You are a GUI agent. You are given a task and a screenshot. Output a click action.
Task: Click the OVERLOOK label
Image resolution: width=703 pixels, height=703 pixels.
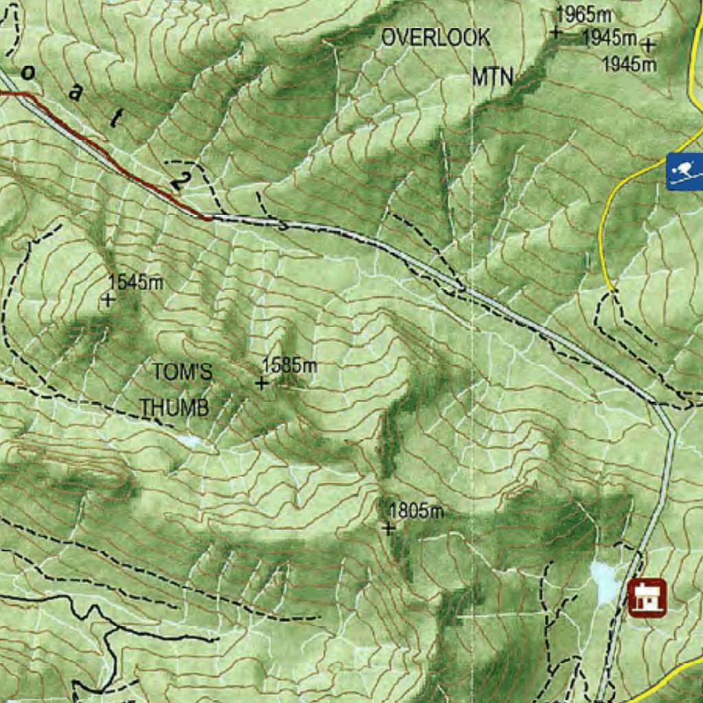pos(436,38)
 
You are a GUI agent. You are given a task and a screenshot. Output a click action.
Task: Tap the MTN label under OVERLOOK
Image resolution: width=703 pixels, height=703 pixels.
pos(492,77)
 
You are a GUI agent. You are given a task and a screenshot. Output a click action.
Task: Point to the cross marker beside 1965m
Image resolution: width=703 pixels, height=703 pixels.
pos(555,32)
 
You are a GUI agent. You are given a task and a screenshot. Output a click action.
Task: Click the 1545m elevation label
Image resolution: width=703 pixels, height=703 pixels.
pos(136,282)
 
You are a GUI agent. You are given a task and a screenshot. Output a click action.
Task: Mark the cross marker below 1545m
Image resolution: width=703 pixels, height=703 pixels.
pos(108,299)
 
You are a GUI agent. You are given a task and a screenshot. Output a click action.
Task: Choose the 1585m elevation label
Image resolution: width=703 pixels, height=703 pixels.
pos(290,365)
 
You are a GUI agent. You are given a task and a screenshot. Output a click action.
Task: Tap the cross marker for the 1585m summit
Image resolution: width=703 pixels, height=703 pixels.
pos(262,383)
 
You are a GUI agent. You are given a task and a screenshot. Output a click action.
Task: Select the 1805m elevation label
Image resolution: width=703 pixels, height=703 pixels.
pos(416,511)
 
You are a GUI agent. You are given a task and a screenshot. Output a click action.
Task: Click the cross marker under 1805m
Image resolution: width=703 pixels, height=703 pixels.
pos(389,528)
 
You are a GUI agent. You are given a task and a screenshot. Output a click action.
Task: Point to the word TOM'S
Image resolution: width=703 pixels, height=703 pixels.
pos(182,372)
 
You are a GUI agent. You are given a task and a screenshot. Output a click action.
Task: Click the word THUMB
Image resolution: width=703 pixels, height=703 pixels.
pos(174,408)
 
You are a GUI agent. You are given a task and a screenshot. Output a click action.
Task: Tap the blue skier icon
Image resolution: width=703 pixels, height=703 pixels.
pos(684,171)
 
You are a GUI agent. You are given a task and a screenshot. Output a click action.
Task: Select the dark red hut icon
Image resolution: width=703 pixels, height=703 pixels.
pos(647,597)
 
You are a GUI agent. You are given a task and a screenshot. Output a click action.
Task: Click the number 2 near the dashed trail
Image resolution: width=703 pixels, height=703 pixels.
pos(180,181)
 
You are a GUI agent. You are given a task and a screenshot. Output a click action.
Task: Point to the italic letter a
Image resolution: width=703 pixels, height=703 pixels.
pos(75,94)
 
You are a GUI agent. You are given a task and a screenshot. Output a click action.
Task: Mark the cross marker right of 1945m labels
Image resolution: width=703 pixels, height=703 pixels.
pos(647,45)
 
